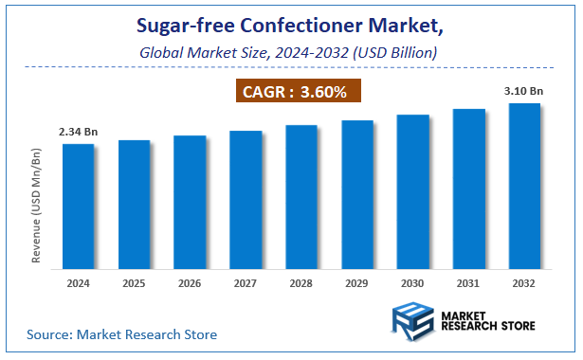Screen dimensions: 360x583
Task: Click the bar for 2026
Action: (x=190, y=201)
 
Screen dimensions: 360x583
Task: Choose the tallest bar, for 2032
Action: (x=525, y=185)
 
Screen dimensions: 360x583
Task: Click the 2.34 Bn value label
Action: (x=78, y=134)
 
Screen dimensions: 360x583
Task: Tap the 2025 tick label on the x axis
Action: (x=134, y=282)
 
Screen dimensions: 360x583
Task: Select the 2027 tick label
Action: (x=246, y=282)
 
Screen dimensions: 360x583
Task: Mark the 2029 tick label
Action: (x=357, y=282)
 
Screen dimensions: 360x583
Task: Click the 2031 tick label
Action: (x=469, y=282)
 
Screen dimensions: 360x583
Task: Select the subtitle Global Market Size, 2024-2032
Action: (x=288, y=53)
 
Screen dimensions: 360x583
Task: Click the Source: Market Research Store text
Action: (x=121, y=334)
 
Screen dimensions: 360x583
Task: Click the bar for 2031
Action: (x=469, y=188)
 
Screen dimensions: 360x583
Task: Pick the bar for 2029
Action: (x=357, y=193)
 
